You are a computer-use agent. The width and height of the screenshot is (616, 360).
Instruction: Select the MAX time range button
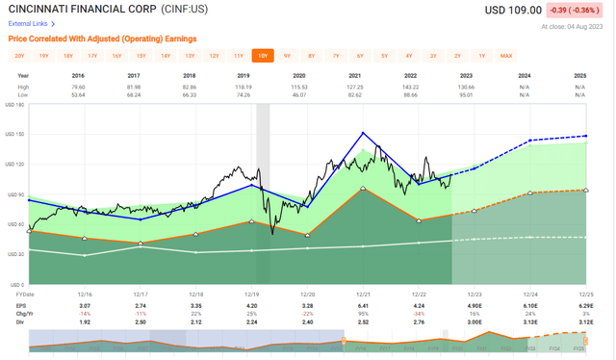tap(506, 56)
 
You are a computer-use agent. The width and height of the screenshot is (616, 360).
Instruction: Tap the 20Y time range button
tap(19, 56)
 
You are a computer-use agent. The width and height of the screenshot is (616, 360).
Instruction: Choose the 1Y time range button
tap(482, 56)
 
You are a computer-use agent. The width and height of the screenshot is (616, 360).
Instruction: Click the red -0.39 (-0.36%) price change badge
tap(575, 10)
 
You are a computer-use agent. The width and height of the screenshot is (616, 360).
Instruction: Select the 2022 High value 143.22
tap(420, 86)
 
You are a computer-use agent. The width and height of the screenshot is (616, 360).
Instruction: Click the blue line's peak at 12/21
tap(363, 133)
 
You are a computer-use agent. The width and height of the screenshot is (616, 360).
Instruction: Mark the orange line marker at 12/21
tap(363, 189)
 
